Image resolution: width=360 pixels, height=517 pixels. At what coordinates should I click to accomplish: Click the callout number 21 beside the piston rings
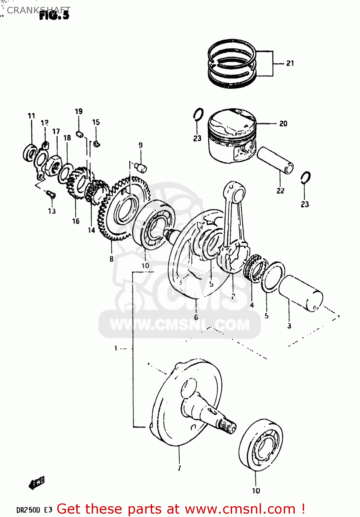tap(290, 63)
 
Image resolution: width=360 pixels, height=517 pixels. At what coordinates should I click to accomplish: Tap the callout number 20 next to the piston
tap(283, 123)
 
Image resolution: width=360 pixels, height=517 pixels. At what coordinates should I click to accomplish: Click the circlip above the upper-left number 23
tap(198, 115)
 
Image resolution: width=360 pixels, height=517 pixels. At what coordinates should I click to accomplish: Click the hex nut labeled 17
tap(55, 164)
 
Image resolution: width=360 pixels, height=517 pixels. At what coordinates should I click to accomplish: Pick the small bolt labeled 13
tap(51, 194)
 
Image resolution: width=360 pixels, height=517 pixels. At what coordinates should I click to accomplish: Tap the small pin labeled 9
tap(141, 168)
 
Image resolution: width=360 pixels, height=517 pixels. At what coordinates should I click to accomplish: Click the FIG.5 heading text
tap(54, 15)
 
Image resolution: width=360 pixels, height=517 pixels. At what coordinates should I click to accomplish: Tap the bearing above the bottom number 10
tap(261, 445)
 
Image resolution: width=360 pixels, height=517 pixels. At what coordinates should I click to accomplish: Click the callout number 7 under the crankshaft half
tap(179, 468)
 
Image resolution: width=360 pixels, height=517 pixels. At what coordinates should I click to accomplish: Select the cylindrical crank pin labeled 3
tap(301, 293)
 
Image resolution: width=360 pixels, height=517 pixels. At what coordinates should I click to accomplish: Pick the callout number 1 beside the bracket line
tap(116, 348)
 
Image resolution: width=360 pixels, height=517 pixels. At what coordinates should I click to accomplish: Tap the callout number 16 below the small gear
tap(76, 221)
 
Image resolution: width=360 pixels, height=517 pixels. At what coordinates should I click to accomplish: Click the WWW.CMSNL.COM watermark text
tap(180, 325)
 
